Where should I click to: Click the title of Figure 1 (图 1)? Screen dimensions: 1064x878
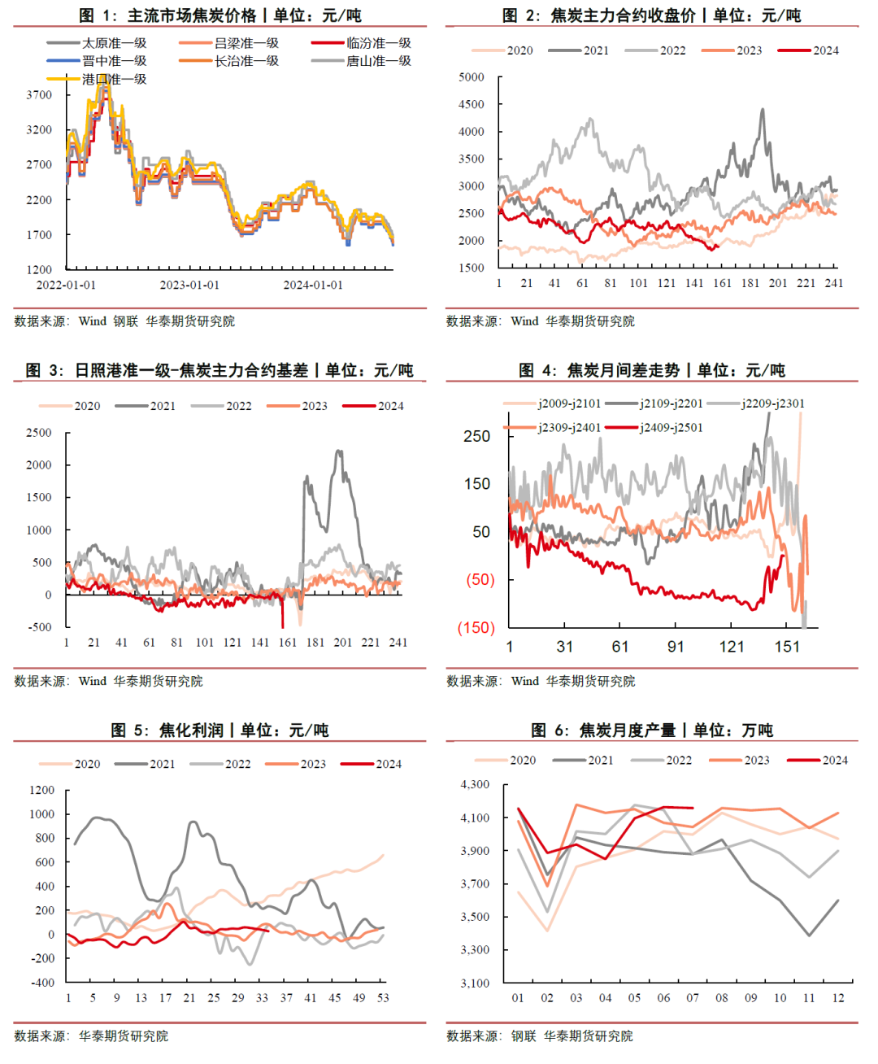click(219, 15)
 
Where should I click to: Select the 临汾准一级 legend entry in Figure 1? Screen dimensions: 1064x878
click(379, 43)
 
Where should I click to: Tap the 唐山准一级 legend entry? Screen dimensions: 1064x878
click(379, 61)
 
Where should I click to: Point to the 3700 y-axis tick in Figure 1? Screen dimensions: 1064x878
click(39, 95)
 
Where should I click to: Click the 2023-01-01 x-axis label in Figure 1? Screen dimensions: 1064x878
click(189, 285)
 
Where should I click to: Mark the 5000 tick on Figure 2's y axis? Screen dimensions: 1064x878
click(472, 77)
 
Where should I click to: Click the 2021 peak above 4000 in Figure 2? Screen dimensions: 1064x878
click(763, 110)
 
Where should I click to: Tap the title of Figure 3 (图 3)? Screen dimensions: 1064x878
click(219, 371)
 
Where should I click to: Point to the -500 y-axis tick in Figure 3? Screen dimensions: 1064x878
click(39, 627)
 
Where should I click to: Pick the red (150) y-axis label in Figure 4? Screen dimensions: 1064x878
click(476, 628)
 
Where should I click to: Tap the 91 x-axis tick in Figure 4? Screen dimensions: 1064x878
click(676, 647)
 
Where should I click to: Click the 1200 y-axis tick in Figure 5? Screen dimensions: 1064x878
click(41, 790)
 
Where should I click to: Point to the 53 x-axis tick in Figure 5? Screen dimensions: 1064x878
click(383, 997)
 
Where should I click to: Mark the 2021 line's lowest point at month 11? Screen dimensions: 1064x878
click(809, 935)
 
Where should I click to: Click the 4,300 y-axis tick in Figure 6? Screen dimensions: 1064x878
click(476, 785)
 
